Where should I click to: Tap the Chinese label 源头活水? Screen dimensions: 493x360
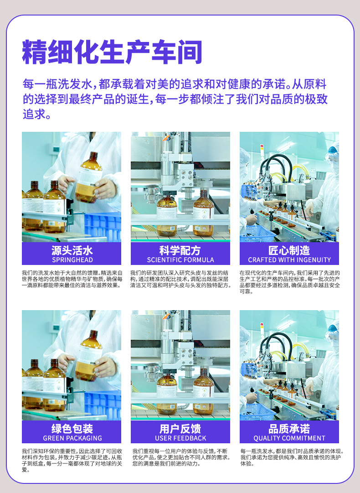72,250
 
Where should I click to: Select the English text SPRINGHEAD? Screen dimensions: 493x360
72,260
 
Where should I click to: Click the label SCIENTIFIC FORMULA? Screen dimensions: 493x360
180,260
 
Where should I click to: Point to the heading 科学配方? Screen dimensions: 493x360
180,250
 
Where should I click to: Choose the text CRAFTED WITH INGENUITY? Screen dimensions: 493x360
289,260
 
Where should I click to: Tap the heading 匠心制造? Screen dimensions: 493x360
289,250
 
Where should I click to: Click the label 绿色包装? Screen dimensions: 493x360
72,429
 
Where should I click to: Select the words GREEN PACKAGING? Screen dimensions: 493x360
72,438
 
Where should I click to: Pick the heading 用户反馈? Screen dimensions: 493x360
180,429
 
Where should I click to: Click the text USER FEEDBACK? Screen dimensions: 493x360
180,438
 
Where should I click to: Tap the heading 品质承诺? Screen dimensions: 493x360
289,429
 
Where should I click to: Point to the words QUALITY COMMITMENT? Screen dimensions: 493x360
289,438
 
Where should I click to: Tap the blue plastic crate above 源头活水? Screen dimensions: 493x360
102,226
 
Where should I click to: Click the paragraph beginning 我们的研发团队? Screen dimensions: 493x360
180,279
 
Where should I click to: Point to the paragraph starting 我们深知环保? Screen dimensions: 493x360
72,460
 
